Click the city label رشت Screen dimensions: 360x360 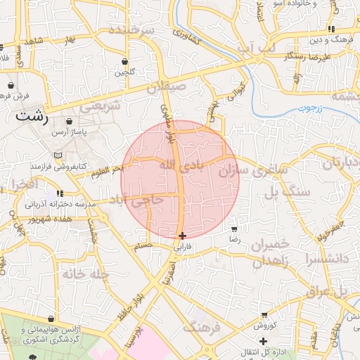[x=32, y=117]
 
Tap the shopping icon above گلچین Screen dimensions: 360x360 [x=124, y=61]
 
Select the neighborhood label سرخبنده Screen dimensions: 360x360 [x=131, y=32]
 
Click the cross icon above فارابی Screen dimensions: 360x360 [x=182, y=236]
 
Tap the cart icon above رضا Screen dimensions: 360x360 [x=234, y=229]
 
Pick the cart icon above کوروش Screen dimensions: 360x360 [x=264, y=314]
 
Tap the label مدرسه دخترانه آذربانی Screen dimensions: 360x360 [x=59, y=205]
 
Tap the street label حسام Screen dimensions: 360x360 [x=143, y=245]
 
